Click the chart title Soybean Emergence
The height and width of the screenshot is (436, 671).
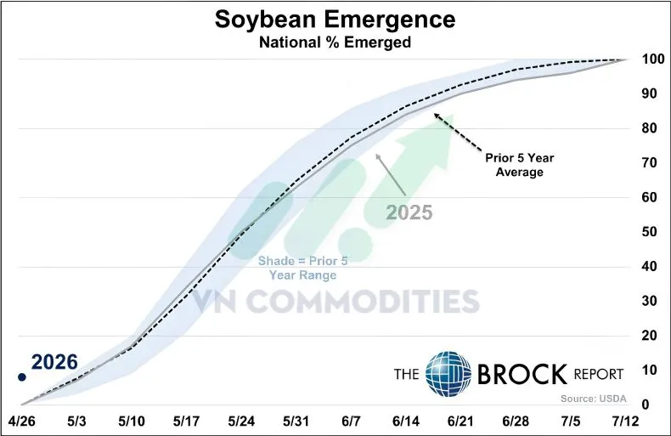(335, 20)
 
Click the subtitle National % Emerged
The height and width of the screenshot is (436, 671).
(335, 42)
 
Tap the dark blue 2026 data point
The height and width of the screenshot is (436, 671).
(23, 377)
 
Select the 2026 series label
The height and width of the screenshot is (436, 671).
(55, 362)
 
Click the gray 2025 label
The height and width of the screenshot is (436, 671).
(410, 211)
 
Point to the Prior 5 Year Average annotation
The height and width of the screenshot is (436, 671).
(515, 165)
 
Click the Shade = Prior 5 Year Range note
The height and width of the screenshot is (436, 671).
(303, 268)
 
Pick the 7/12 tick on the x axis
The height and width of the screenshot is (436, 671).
(627, 422)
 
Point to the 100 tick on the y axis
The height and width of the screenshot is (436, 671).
(652, 59)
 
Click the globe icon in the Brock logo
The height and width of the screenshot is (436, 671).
(448, 373)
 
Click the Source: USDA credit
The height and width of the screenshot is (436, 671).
(591, 399)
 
